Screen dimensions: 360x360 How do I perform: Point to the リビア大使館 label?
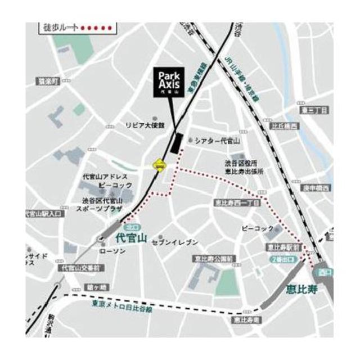145,125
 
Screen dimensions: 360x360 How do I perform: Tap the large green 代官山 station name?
130,238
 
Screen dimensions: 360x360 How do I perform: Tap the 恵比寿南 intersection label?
246,319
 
